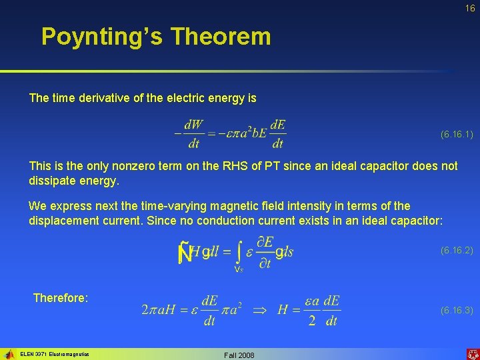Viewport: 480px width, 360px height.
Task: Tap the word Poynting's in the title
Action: pos(103,36)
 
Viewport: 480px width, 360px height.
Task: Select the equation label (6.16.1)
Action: pos(457,135)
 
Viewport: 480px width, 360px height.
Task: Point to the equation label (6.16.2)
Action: pos(457,251)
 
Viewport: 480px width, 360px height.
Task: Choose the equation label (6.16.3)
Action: pos(457,311)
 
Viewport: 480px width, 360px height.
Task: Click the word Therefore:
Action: pos(61,298)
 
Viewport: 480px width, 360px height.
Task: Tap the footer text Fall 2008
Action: pos(239,355)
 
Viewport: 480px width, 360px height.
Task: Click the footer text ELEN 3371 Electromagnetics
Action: pos(55,354)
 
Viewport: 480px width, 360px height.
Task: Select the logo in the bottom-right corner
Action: pos(472,353)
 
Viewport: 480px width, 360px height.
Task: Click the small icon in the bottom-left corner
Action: pos(9,354)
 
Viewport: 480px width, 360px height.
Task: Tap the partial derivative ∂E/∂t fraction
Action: pos(265,252)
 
